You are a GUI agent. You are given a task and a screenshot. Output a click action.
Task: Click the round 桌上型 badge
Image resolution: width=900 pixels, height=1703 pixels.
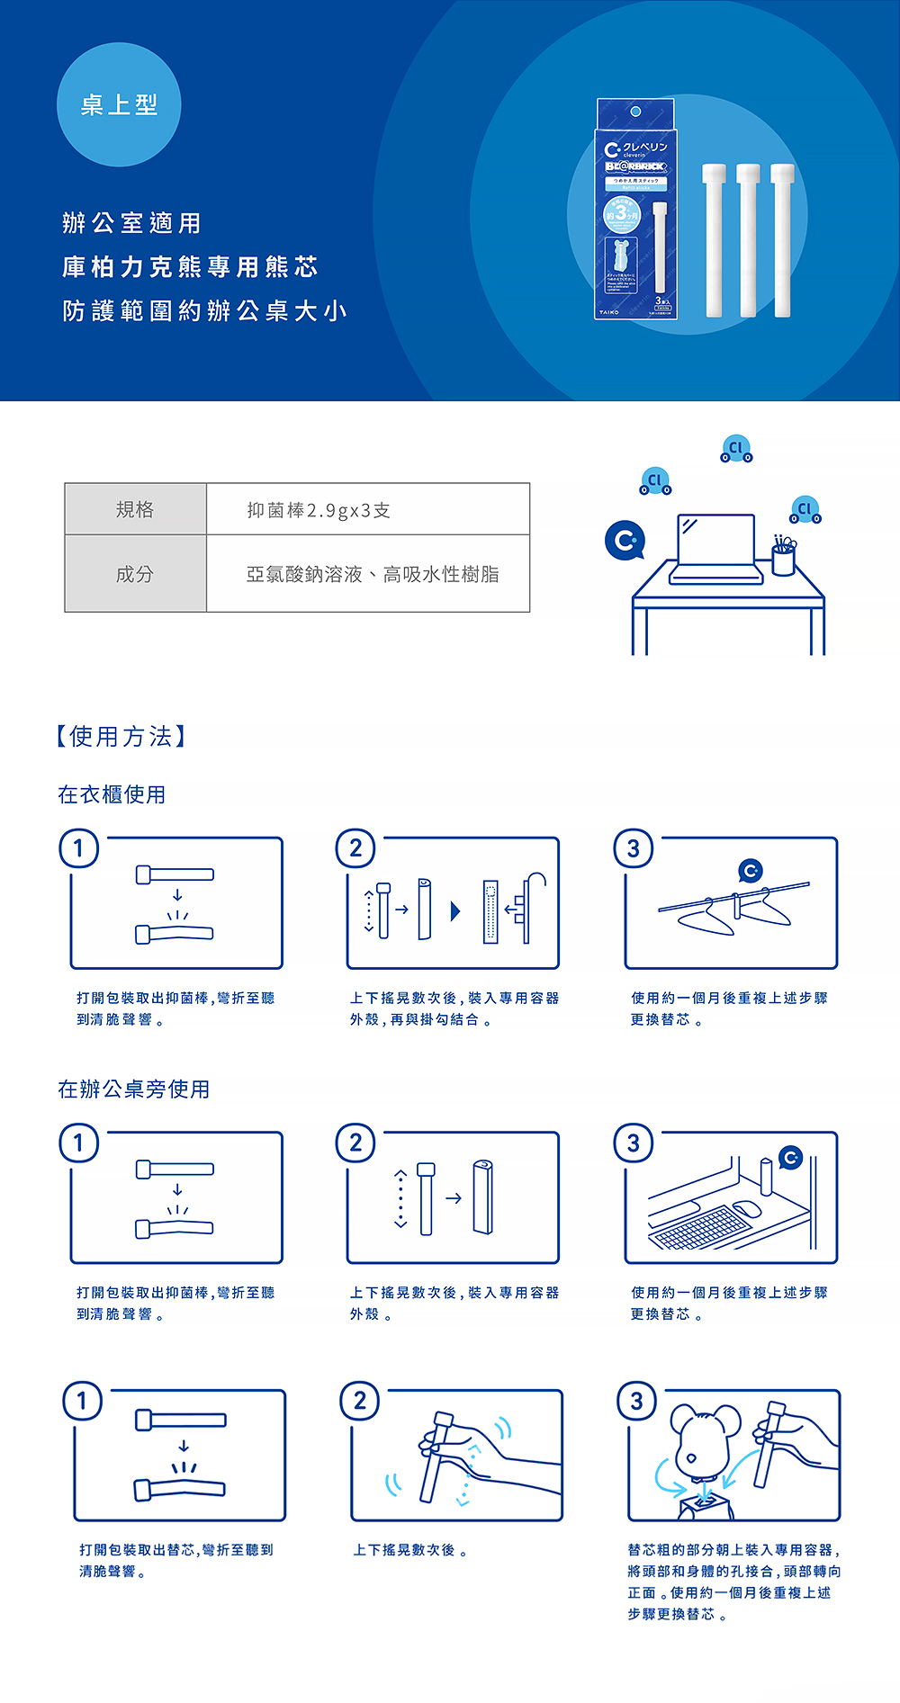119,105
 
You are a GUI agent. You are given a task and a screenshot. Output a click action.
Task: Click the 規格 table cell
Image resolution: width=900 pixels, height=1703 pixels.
135,509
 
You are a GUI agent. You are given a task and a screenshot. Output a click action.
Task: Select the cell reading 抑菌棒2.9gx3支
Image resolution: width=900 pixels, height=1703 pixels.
319,510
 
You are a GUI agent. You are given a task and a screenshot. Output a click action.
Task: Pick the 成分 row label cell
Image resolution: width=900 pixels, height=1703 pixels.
135,574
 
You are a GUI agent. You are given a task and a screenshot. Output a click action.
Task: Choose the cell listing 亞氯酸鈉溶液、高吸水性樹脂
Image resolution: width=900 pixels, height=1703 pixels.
372,574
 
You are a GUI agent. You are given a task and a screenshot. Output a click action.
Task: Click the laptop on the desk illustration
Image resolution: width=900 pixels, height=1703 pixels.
716,547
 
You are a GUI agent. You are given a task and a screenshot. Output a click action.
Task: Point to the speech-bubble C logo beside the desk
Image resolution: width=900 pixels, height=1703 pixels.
625,540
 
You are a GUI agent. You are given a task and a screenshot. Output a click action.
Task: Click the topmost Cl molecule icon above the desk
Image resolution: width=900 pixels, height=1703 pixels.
736,448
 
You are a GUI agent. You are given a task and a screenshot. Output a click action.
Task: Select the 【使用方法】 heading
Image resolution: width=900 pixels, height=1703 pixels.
121,737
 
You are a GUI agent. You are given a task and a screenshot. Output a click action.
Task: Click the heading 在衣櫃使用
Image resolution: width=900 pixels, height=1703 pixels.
112,794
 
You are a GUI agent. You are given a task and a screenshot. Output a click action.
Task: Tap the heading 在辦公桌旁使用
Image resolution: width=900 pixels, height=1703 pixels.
134,1089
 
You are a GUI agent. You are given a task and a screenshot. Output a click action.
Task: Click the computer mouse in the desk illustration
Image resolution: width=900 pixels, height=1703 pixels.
747,1209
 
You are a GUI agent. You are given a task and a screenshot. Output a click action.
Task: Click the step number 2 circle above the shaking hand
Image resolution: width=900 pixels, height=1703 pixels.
360,1401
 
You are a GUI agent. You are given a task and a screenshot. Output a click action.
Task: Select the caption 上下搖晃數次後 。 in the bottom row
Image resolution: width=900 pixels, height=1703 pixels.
409,1550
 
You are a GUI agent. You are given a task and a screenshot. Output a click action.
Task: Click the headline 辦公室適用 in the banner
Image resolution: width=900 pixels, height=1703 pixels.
132,223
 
